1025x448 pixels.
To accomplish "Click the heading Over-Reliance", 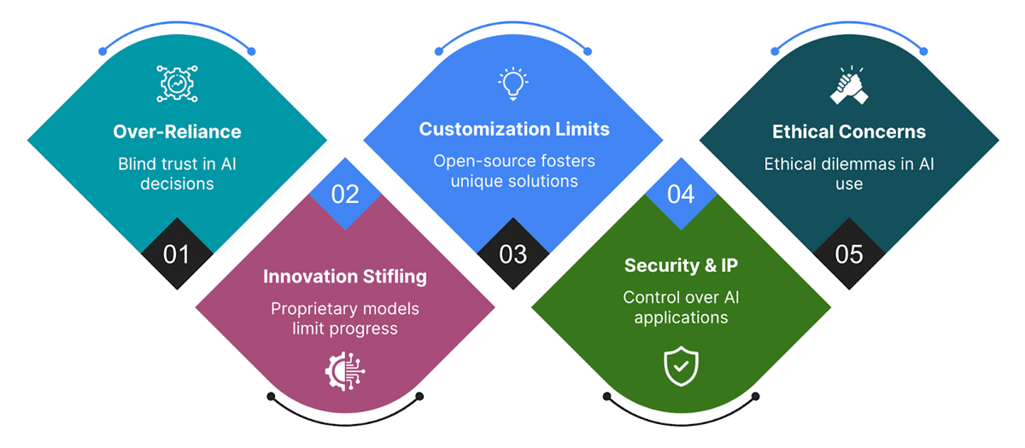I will pos(177,131).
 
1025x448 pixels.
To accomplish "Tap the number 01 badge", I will pos(177,254).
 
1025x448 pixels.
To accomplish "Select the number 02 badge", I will pos(345,194).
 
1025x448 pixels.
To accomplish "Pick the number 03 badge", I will pos(513,254).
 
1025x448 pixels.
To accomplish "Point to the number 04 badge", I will pos(681,194).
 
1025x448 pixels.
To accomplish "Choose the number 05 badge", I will pos(849,254).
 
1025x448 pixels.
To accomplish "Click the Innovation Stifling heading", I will pos(345,276).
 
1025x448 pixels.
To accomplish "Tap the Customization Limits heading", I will pos(514,129).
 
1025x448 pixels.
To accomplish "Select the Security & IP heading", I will pos(681,265).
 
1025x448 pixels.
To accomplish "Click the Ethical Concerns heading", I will pos(849,131).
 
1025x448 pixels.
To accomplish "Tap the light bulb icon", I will pos(512,84).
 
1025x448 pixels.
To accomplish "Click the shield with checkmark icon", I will pos(681,366).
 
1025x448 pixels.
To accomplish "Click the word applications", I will pos(675,318).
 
